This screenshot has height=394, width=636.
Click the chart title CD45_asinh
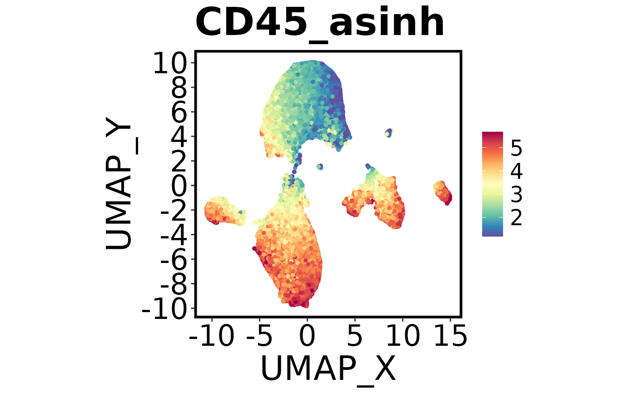tap(320, 23)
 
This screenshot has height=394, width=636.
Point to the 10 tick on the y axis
tap(170, 65)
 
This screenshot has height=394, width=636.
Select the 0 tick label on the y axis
tap(180, 186)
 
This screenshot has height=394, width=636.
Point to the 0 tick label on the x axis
tap(307, 338)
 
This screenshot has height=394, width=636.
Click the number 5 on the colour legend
tap(517, 148)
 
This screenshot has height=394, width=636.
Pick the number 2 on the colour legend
tap(517, 218)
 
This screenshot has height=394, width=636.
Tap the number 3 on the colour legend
tap(517, 195)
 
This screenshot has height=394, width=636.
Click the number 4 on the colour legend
tap(517, 172)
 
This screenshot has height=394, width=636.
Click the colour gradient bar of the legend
tap(492, 184)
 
